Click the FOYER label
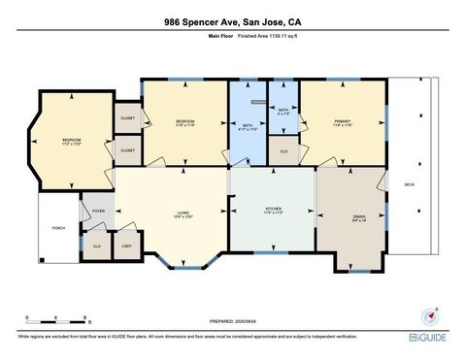click(x=98, y=211)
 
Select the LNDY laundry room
click(x=126, y=245)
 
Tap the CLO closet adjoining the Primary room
click(x=283, y=151)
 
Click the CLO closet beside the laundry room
click(x=97, y=245)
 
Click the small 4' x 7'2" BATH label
click(x=283, y=112)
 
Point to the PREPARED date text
click(x=232, y=320)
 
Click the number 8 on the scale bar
click(x=86, y=317)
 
